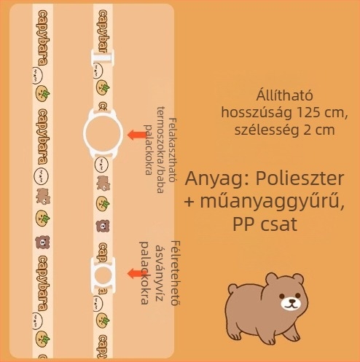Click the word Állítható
(x=284, y=95)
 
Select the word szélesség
(x=267, y=130)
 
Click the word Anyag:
(x=217, y=179)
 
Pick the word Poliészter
(x=300, y=178)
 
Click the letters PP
(x=243, y=224)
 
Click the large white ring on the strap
(x=84, y=133)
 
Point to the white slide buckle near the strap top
(x=103, y=58)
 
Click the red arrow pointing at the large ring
(x=137, y=135)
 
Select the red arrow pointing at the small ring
(x=136, y=274)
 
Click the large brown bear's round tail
(x=232, y=288)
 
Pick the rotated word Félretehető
(x=175, y=273)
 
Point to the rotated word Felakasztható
(x=172, y=151)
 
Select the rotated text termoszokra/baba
(x=160, y=149)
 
